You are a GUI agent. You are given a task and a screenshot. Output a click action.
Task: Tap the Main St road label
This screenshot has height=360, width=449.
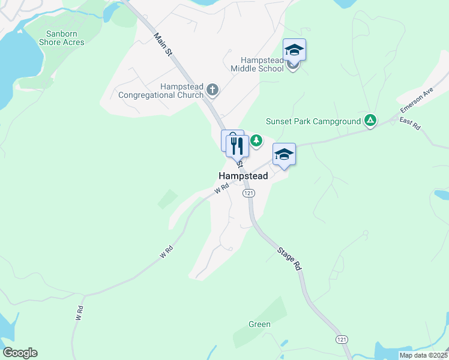(x=163, y=44)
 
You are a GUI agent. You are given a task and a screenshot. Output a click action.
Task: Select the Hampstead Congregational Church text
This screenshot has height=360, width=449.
(x=161, y=91)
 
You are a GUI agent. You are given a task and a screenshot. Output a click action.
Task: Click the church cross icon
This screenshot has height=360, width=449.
(x=212, y=91)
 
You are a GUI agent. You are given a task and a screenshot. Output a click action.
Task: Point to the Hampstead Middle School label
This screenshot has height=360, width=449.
(x=262, y=64)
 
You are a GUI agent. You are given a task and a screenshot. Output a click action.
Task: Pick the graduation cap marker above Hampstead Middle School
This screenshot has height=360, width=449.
(x=295, y=50)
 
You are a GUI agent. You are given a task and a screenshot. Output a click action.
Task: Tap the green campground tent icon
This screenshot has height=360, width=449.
(x=371, y=121)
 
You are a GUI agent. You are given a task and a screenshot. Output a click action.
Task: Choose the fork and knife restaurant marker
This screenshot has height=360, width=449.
(x=238, y=146)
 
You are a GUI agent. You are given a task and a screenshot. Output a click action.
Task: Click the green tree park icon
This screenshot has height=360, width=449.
(x=257, y=140)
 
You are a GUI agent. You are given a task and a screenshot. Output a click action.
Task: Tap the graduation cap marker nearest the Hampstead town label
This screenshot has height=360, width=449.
(x=284, y=155)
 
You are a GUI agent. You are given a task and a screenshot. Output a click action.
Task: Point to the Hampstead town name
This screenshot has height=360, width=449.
(x=243, y=176)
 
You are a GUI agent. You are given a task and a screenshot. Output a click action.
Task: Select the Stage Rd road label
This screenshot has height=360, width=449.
(x=290, y=256)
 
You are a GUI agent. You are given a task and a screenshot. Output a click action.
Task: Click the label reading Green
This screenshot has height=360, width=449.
(x=259, y=325)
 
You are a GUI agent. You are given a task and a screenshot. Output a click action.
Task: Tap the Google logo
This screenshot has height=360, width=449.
(x=20, y=353)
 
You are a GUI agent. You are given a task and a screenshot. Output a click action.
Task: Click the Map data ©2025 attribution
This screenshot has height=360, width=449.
(x=424, y=355)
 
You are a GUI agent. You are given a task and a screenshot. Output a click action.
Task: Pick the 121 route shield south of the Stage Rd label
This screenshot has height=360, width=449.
(x=342, y=340)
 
